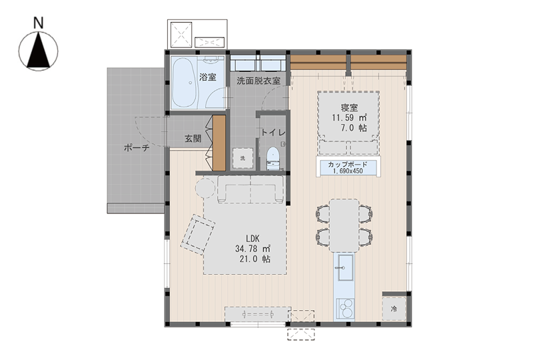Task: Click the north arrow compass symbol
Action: (38, 51)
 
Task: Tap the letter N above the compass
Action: (39, 23)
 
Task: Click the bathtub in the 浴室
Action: (185, 83)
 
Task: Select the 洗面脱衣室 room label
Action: (259, 81)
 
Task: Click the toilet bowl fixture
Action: (272, 158)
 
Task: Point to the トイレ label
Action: (272, 133)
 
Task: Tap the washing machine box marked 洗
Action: (243, 158)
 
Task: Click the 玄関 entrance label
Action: (193, 139)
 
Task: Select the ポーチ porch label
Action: (137, 148)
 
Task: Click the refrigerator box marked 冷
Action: (394, 309)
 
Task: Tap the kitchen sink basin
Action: (345, 267)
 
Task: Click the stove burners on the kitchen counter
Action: (345, 308)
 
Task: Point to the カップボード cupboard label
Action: (347, 165)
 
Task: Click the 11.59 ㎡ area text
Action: (349, 118)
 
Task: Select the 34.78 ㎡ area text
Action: (253, 249)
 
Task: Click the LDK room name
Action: (253, 238)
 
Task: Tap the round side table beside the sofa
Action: (206, 188)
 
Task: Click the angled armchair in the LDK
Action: (198, 234)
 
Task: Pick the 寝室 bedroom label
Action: (349, 108)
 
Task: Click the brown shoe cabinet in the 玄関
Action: (219, 143)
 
